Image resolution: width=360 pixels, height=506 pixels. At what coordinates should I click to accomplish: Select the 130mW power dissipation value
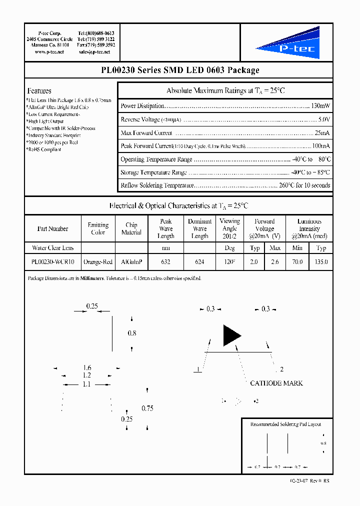pos(320,106)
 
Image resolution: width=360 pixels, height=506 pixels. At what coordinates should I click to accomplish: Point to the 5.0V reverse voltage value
pos(324,119)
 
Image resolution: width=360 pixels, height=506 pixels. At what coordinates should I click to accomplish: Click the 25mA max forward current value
pos(322,133)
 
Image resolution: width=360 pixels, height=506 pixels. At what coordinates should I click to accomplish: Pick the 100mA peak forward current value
pos(320,146)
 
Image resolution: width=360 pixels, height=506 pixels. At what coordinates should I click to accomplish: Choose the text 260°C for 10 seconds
pos(305,185)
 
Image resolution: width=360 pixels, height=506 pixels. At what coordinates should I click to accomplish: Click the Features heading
pos(39,91)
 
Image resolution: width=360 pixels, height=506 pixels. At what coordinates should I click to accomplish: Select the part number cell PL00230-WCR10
pos(52,261)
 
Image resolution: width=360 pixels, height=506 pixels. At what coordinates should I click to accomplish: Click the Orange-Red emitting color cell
pos(98,261)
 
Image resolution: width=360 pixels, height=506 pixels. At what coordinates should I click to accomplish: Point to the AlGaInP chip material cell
pos(131,261)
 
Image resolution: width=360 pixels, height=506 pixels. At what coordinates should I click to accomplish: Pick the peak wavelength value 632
pos(165,261)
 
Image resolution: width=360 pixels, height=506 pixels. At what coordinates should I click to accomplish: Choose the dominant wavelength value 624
pos(199,261)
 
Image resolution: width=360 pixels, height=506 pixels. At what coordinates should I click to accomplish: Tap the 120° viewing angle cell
pos(229,261)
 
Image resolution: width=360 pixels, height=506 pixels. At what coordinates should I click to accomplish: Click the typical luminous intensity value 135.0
pos(321,261)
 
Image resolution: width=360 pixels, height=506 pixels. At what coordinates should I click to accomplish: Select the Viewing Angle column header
pos(229,228)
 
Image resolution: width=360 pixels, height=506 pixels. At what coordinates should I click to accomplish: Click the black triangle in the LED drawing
pos(231,335)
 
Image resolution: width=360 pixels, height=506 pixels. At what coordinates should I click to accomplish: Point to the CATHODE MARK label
pos(276,383)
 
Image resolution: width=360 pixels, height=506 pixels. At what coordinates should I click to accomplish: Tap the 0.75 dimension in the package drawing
pos(147,408)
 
